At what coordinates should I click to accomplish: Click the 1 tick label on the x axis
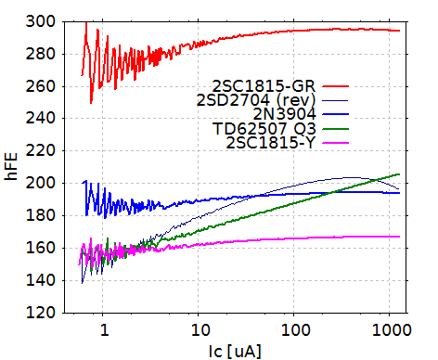[x=103, y=328]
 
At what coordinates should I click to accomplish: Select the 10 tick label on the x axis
[x=199, y=328]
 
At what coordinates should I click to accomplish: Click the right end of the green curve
[x=399, y=174]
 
